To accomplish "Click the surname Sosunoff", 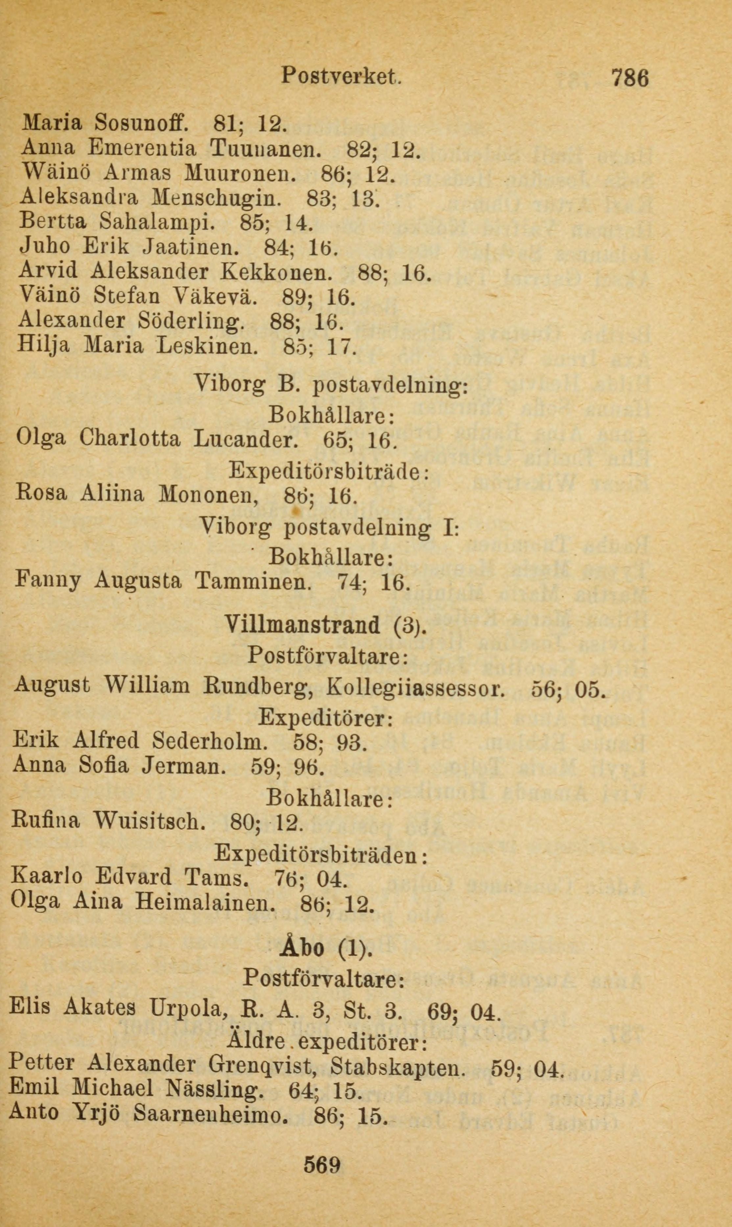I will coord(140,122).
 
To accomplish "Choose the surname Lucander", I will coord(246,438).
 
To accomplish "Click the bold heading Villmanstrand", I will coord(303,626).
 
